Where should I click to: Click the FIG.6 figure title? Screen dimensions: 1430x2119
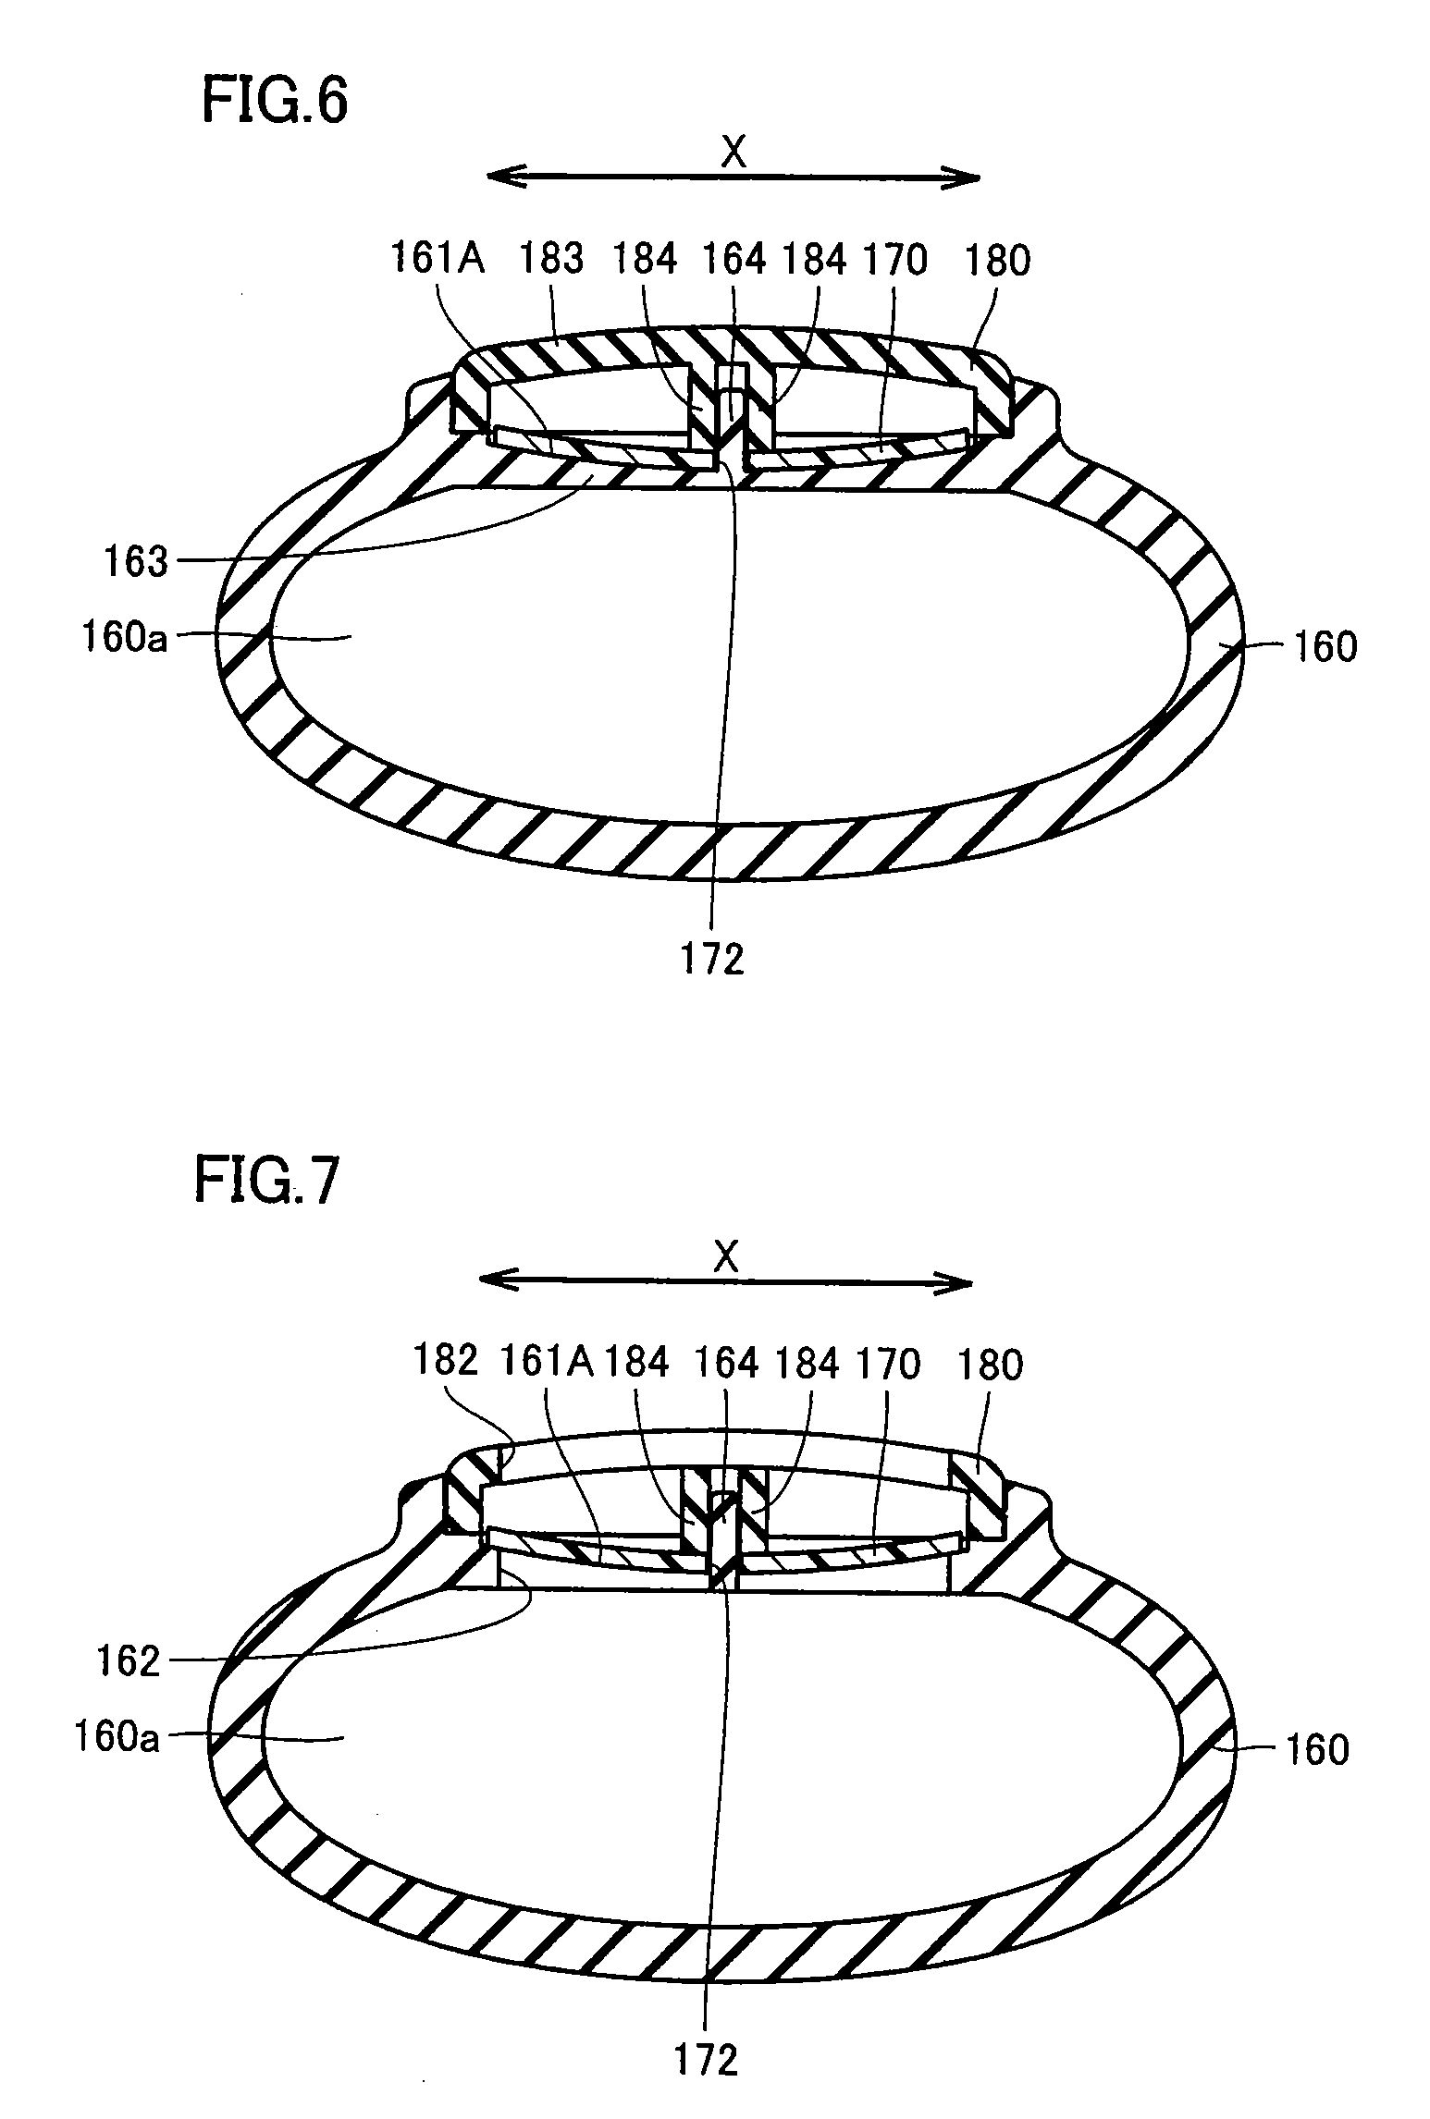(x=275, y=103)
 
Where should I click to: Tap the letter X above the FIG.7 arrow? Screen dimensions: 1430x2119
(x=726, y=1257)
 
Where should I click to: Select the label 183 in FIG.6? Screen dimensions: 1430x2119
(x=551, y=260)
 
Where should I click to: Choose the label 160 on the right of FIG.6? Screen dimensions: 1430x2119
(x=1325, y=647)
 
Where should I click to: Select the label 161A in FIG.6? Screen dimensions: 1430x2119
(x=438, y=260)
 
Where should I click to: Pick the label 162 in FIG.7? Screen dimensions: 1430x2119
(x=129, y=1662)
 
